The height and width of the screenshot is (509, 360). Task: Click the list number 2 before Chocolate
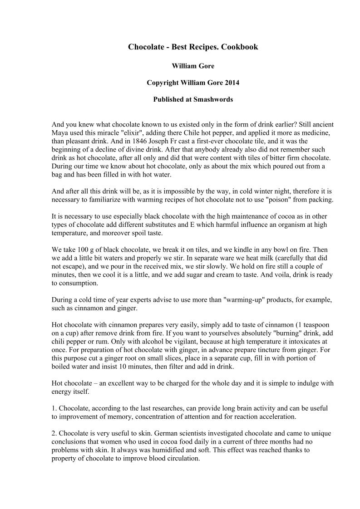point(54,433)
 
